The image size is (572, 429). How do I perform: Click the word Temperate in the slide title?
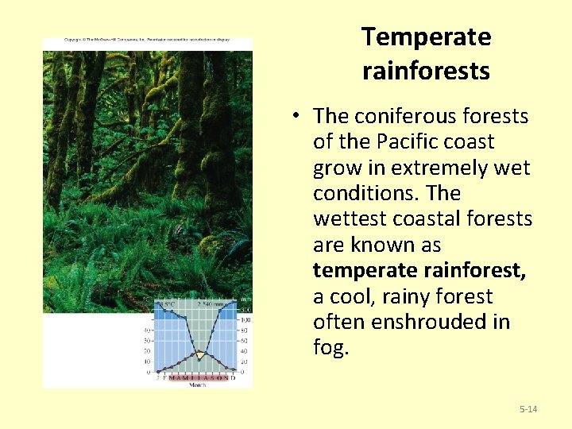426,37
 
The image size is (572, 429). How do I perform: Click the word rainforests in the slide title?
426,71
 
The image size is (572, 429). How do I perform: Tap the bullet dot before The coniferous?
295,116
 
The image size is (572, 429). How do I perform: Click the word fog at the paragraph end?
330,349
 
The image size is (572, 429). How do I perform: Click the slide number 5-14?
528,409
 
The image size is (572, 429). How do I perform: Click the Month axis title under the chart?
197,385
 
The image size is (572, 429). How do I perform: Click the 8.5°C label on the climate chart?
165,303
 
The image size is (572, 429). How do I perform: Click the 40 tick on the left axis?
147,330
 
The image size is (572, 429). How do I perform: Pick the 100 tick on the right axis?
246,319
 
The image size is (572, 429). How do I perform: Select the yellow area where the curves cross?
199,354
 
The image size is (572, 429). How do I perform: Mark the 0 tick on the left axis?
149,371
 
